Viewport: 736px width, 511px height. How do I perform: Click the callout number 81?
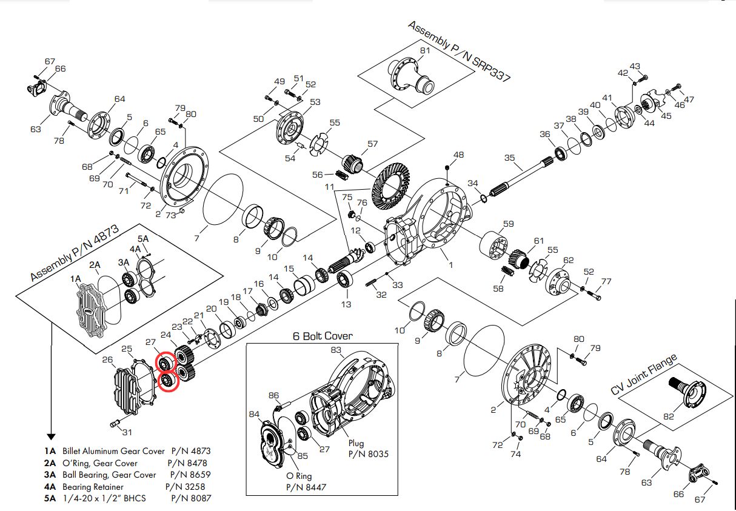[x=425, y=50]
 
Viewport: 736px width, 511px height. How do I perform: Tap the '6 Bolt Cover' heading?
[x=323, y=336]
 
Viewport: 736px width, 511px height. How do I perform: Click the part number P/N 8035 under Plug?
[x=368, y=453]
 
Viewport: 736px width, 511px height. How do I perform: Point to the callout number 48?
[x=458, y=155]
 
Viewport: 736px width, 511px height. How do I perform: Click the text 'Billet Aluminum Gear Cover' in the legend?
[x=113, y=451]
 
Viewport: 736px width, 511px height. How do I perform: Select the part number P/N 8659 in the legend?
[x=190, y=475]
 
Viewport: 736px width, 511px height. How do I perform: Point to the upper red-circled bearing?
[x=164, y=363]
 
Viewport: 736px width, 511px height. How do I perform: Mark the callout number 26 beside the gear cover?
[x=107, y=360]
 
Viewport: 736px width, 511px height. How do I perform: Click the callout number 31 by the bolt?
[x=127, y=432]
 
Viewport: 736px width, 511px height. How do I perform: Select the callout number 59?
[x=508, y=224]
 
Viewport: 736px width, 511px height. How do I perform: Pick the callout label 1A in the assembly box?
[x=75, y=278]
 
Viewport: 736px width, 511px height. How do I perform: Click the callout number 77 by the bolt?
[x=607, y=281]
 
